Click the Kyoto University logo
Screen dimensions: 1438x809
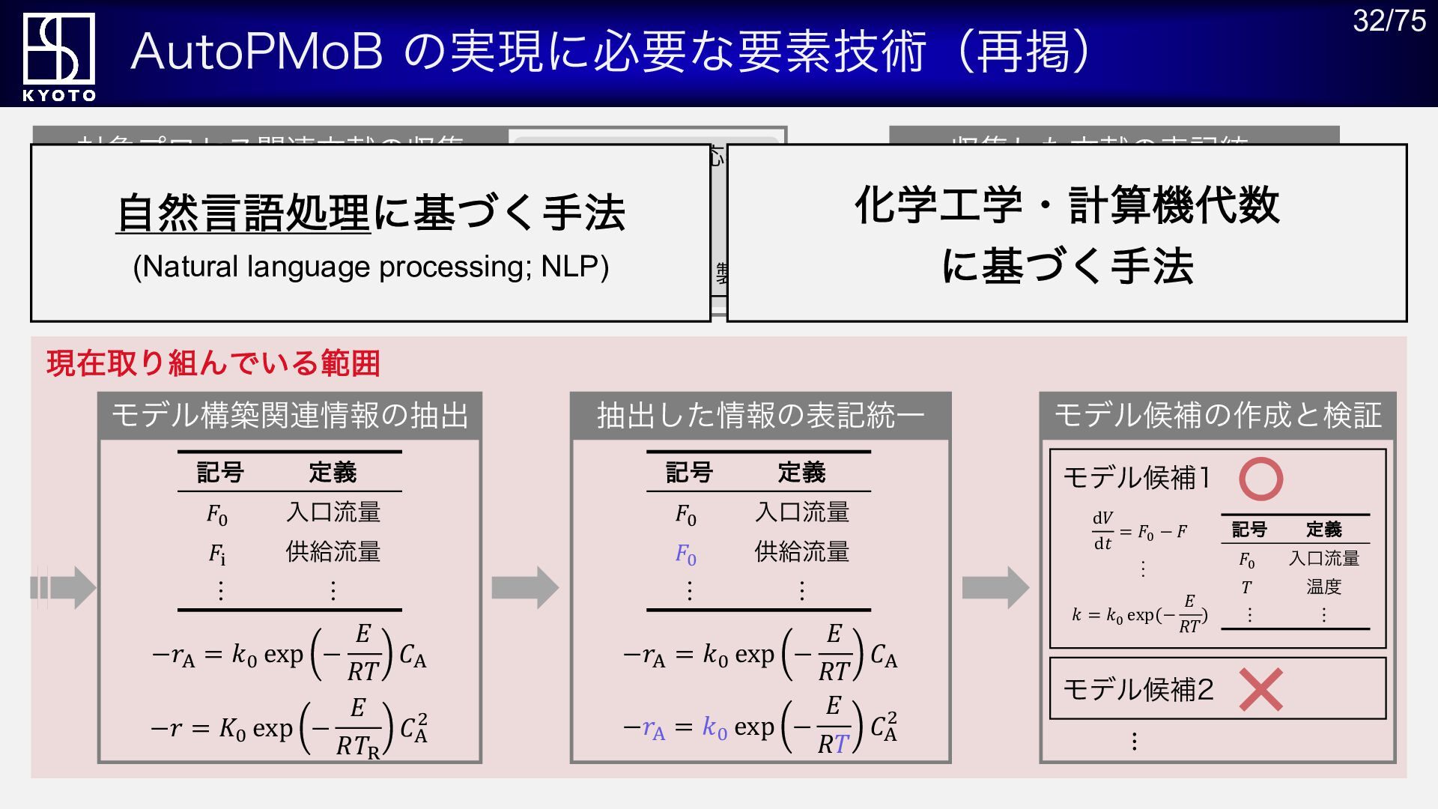point(58,55)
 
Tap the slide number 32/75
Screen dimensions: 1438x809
point(1389,21)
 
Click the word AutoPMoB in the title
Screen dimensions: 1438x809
point(257,52)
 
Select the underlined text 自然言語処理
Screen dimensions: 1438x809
point(243,213)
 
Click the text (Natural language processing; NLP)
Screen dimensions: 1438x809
point(371,267)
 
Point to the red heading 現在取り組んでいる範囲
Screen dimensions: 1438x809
point(213,363)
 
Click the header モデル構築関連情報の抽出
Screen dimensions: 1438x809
point(290,416)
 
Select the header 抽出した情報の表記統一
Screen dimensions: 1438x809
point(760,416)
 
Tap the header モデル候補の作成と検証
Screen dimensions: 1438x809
point(1218,416)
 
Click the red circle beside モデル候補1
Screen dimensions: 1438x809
point(1260,479)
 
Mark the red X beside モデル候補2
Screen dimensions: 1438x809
point(1260,689)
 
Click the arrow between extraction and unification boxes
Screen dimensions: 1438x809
point(525,588)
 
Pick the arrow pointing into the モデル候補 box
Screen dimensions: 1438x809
point(995,588)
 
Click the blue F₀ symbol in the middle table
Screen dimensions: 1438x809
point(685,554)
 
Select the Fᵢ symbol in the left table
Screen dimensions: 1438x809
point(217,554)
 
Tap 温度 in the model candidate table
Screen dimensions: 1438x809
point(1323,587)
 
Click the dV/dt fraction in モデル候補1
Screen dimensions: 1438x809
point(1102,530)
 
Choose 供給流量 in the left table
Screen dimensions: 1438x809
point(333,552)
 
